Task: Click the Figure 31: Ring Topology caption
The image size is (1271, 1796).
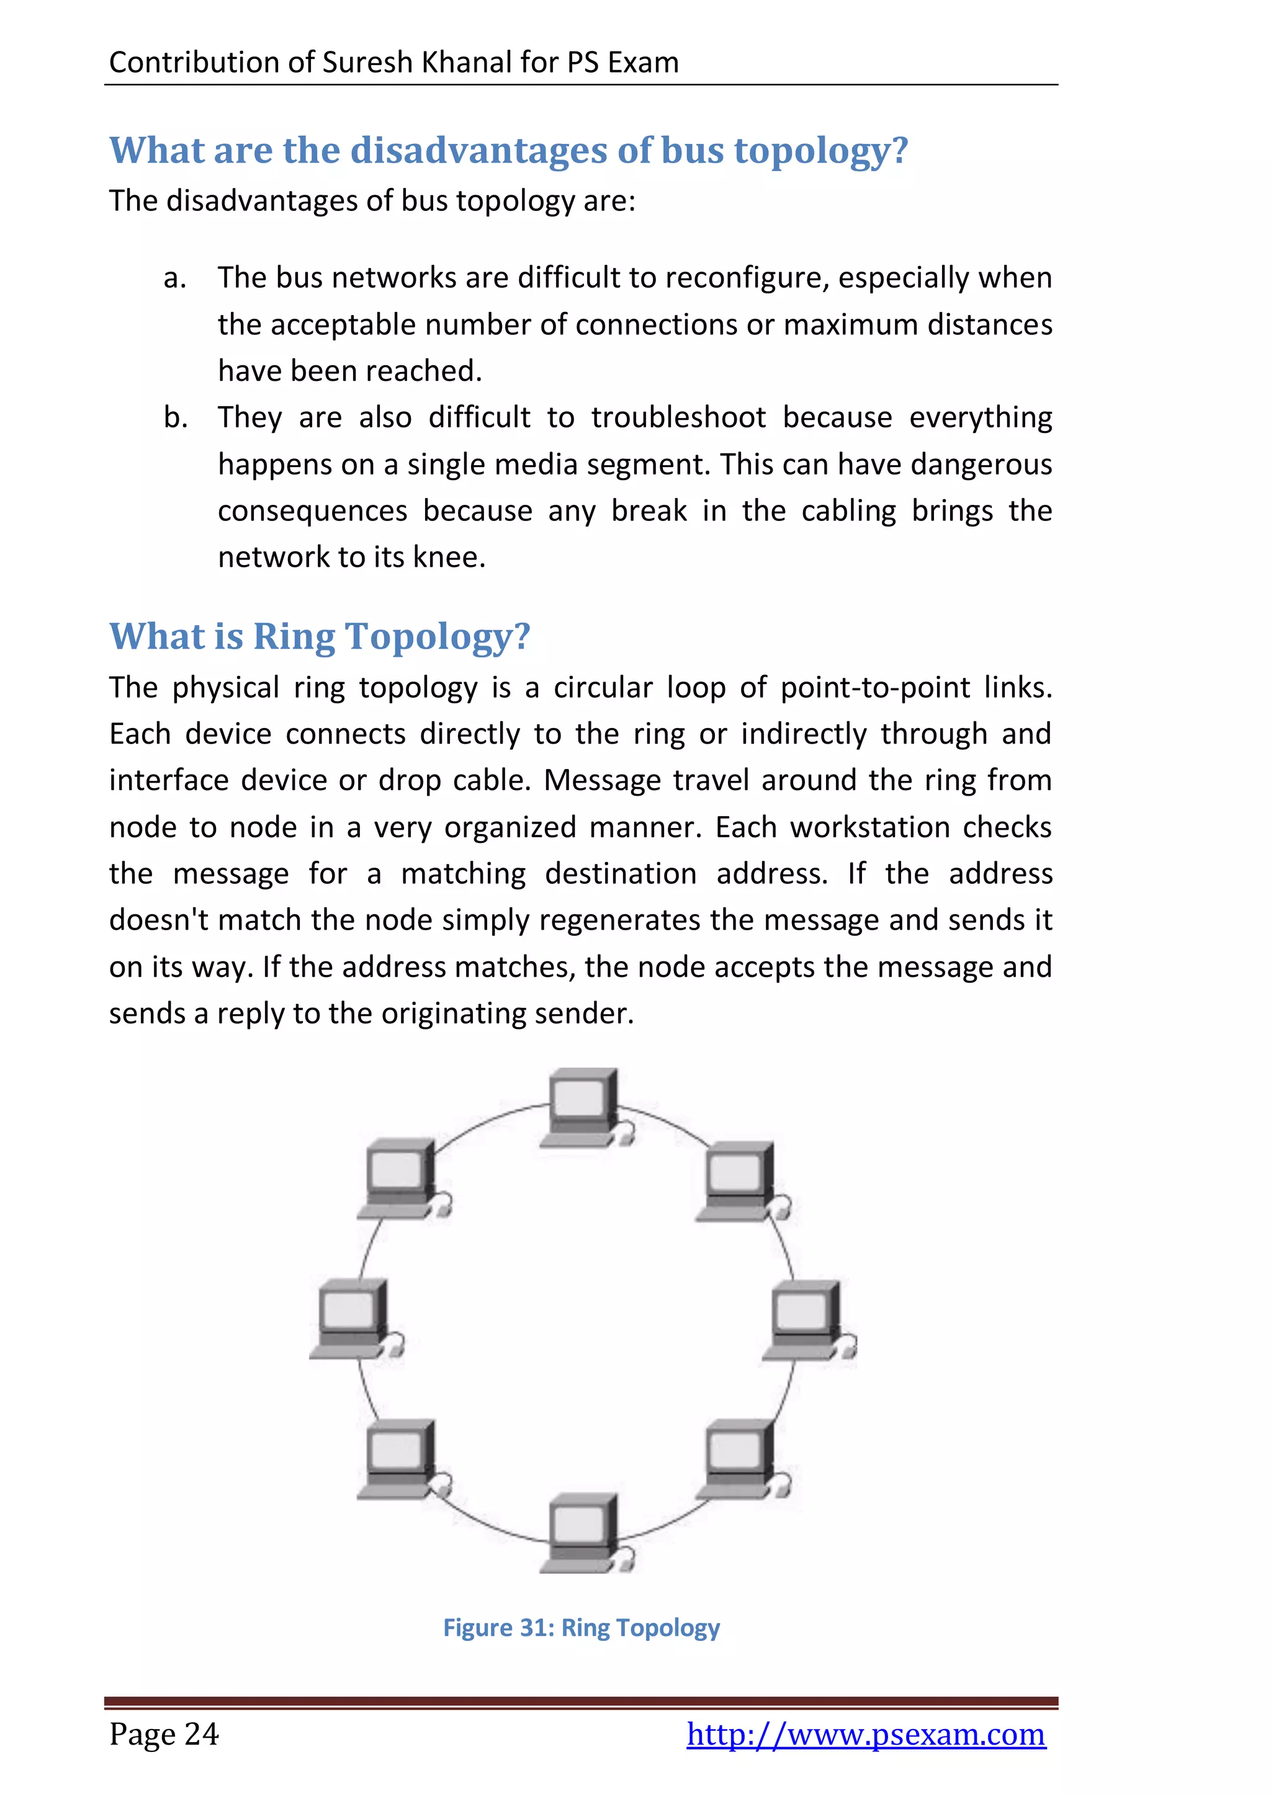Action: click(581, 1628)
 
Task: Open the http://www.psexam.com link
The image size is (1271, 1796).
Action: click(866, 1734)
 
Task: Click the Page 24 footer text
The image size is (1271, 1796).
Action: click(164, 1734)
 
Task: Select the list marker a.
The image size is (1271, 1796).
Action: click(174, 278)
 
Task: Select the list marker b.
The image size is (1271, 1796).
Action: click(175, 418)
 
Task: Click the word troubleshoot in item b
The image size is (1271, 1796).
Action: click(678, 418)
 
